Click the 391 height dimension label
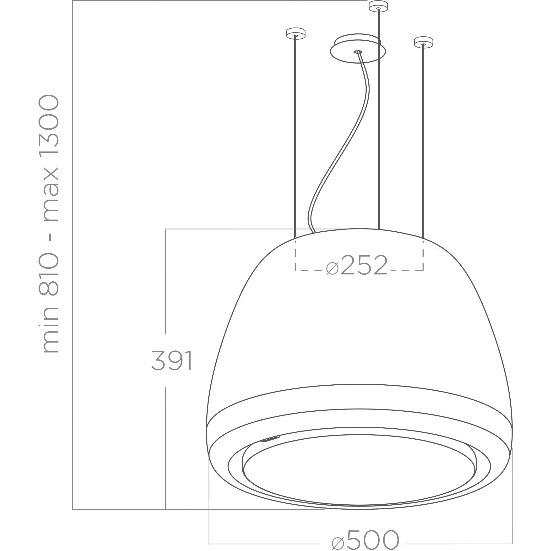click(x=171, y=360)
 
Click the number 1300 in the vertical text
click(x=49, y=124)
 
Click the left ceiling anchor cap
click(x=296, y=33)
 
